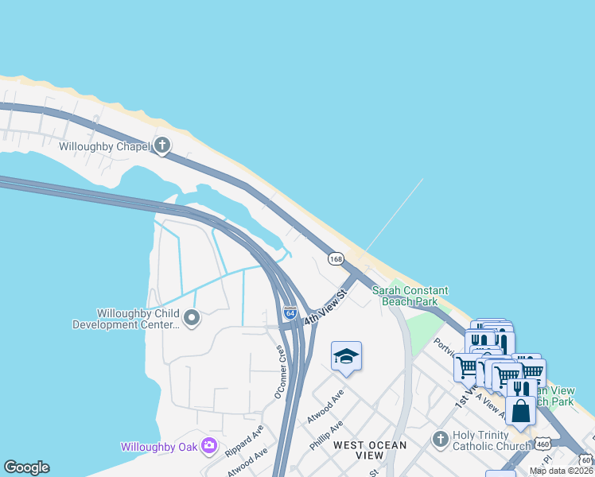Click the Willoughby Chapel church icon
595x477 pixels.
(x=162, y=145)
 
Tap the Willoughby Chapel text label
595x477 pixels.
(x=104, y=146)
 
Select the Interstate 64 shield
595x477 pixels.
(x=290, y=314)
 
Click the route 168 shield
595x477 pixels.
(x=336, y=258)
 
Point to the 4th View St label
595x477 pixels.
(x=327, y=306)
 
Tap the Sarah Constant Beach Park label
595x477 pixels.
(x=410, y=297)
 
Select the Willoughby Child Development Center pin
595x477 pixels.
(x=191, y=319)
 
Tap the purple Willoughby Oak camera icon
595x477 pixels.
(x=209, y=446)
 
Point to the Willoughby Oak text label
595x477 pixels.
(x=158, y=447)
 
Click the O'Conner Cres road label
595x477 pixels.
(x=279, y=372)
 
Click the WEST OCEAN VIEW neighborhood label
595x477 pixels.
(x=369, y=450)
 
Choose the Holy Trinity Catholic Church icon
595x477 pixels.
(x=440, y=439)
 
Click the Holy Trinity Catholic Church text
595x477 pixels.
(x=491, y=440)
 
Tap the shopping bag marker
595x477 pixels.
(x=520, y=411)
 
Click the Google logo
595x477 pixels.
(x=26, y=467)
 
